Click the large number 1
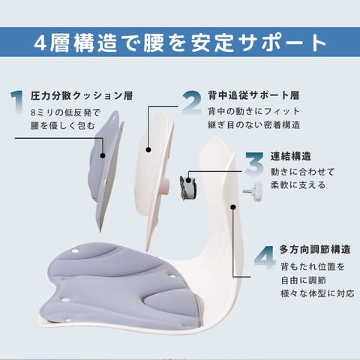17,103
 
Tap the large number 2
192,103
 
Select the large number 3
254,163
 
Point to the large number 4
265,257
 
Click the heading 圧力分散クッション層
82,96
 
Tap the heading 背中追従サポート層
253,95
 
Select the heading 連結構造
291,157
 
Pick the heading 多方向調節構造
315,250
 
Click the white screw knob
253,192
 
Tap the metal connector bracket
188,187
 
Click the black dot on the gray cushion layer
103,155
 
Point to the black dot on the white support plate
148,150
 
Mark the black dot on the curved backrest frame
233,207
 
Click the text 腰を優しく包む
63,126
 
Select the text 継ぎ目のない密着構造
253,124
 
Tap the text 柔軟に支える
298,185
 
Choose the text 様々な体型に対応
317,293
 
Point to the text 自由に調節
304,280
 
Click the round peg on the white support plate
166,187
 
